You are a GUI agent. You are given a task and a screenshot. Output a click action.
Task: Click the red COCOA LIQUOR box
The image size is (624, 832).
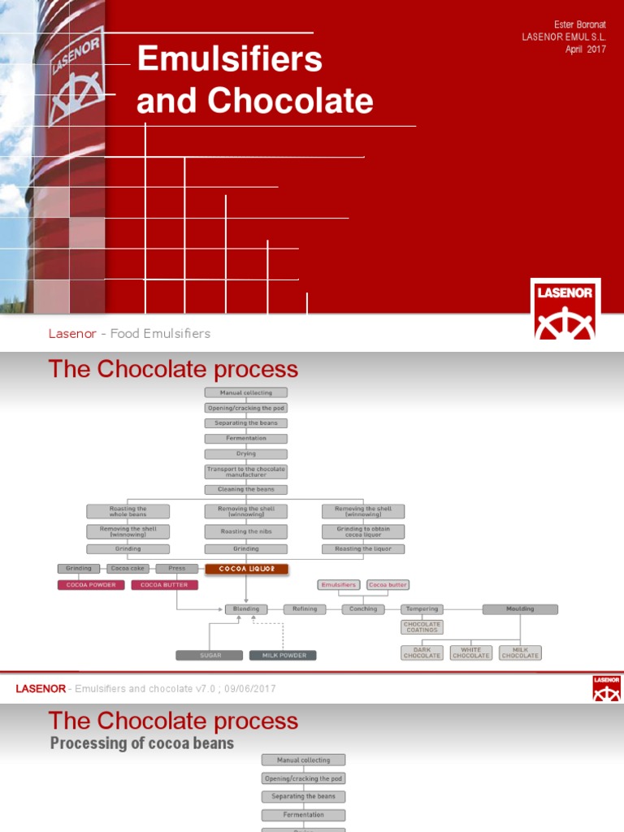click(246, 569)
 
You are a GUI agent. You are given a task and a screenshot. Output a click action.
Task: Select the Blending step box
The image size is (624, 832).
click(246, 609)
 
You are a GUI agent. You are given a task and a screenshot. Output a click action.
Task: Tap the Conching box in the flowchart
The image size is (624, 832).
click(363, 609)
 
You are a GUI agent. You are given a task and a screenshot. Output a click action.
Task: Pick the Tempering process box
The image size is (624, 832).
click(422, 609)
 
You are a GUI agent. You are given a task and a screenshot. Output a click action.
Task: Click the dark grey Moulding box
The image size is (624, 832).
click(520, 609)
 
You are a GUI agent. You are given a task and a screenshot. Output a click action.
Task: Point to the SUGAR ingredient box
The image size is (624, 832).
click(210, 655)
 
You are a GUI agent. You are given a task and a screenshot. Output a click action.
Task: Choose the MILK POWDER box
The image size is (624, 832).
click(283, 655)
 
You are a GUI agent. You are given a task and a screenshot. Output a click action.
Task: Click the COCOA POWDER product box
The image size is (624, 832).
click(90, 585)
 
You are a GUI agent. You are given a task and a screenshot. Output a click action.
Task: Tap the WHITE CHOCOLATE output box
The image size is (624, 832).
click(471, 652)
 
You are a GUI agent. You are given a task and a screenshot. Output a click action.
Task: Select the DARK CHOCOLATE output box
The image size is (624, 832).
click(422, 652)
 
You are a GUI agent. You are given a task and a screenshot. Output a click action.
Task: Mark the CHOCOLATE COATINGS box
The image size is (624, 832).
click(422, 627)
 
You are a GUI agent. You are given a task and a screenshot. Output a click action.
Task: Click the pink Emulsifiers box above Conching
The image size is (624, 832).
click(339, 585)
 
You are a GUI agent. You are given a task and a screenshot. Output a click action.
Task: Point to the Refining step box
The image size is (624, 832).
click(305, 609)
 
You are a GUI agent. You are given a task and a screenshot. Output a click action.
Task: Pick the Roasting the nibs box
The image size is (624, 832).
click(246, 531)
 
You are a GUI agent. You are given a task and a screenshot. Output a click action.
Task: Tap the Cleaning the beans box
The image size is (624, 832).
click(246, 489)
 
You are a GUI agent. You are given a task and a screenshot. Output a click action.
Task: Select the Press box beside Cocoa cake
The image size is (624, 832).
click(176, 569)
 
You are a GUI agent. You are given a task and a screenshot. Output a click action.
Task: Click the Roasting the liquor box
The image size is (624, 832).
click(363, 549)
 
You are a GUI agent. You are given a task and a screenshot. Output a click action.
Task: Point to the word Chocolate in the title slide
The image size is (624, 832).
click(291, 101)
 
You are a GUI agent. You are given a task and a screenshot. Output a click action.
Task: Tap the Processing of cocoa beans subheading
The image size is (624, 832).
click(142, 743)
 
